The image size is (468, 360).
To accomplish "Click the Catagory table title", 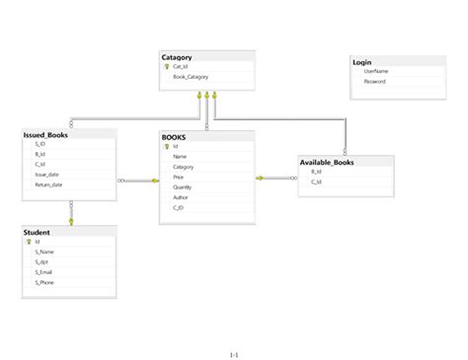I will tap(177, 57).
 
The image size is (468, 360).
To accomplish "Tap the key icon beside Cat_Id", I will tap(167, 67).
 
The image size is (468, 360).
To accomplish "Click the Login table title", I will tap(362, 62).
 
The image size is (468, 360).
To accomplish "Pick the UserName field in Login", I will tap(376, 71).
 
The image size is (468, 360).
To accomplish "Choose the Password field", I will tap(375, 81).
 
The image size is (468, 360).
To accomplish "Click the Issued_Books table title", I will tap(45, 134).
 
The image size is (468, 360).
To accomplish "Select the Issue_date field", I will tap(46, 174).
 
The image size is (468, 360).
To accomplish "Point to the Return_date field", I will tap(48, 184).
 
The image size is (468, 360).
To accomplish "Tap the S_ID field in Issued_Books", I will tap(39, 144).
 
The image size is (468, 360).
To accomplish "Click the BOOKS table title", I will tap(174, 136).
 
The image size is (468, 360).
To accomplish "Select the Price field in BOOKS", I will tap(178, 177).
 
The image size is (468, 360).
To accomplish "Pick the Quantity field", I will tap(182, 186).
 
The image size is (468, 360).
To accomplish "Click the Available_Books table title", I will tap(327, 161).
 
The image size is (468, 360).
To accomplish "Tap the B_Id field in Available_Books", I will tap(316, 171).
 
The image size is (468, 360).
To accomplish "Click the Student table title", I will tap(38, 232).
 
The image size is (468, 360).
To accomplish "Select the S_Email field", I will tap(43, 272).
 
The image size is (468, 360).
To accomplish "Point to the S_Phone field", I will tap(44, 282).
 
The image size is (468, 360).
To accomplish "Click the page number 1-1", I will tap(234, 352).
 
